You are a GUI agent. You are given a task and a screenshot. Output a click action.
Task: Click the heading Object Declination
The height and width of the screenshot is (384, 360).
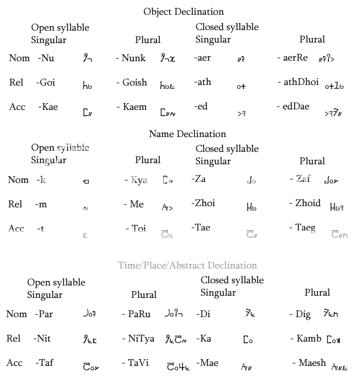tap(183, 11)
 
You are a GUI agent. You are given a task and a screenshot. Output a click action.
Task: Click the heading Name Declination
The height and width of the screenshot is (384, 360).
tap(187, 134)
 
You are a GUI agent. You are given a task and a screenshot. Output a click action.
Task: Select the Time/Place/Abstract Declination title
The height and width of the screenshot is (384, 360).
tap(187, 265)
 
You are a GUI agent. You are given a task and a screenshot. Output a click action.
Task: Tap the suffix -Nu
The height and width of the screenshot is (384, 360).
tap(46, 58)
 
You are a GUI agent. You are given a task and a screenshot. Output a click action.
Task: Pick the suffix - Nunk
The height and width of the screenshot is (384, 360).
tap(130, 58)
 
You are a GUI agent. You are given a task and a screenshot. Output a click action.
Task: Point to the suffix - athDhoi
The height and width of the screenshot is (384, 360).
tap(298, 82)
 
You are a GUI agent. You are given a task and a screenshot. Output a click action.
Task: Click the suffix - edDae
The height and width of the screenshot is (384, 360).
tap(293, 106)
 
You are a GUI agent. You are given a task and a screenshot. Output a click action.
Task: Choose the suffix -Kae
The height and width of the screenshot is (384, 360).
tap(48, 106)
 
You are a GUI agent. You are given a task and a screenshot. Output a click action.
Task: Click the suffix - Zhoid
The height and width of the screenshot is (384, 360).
tap(304, 203)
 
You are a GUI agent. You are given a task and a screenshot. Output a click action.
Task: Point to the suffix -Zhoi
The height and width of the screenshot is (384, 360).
tap(203, 203)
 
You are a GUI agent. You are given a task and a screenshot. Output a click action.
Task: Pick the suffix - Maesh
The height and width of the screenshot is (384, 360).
tap(309, 362)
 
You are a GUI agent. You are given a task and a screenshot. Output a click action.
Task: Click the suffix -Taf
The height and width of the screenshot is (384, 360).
tap(44, 362)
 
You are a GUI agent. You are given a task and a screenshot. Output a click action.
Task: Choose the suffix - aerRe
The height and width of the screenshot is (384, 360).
tap(292, 58)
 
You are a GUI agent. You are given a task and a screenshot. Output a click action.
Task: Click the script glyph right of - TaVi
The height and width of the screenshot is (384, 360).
tap(177, 366)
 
